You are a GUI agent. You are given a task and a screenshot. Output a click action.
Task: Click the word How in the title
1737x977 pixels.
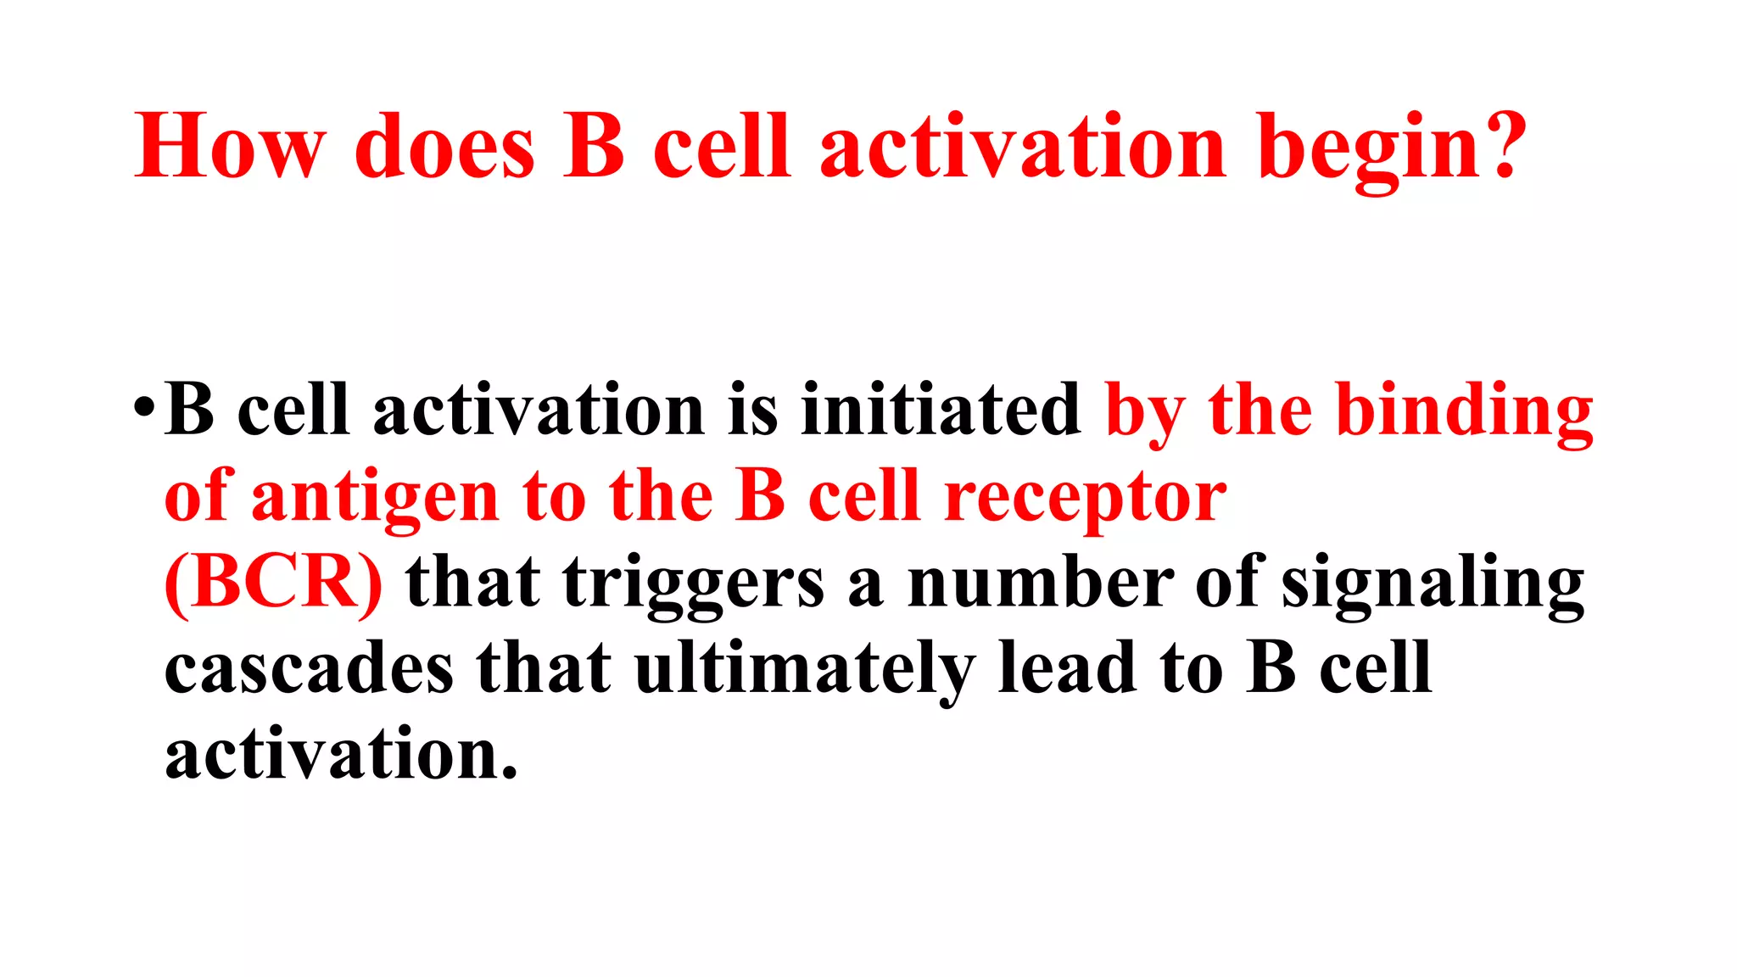[x=230, y=146]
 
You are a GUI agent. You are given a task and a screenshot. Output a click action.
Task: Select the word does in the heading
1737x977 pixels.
[x=444, y=146]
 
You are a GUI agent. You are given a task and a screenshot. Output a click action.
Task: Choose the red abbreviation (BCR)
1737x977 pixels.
[x=273, y=583]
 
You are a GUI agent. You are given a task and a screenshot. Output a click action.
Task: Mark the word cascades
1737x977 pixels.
[x=309, y=668]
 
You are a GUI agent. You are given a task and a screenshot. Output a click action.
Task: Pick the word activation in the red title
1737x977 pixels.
[x=1023, y=146]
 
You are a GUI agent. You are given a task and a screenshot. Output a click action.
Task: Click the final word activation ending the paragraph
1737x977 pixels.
[x=341, y=755]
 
